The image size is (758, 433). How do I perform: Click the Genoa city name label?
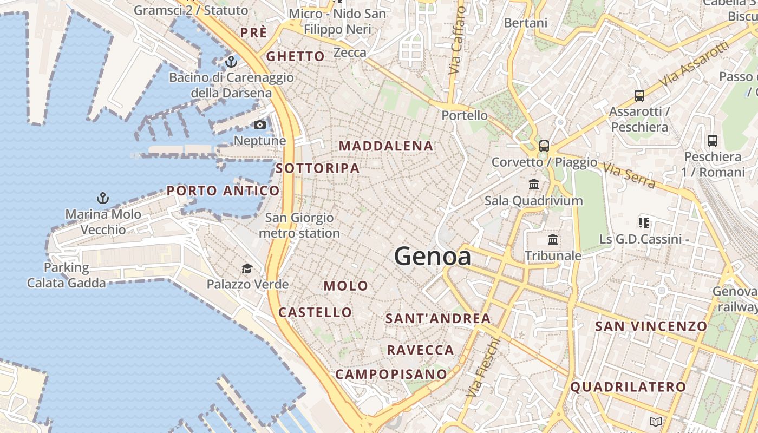click(x=433, y=256)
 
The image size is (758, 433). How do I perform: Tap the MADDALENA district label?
click(x=386, y=146)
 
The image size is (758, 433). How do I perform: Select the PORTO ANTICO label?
click(x=223, y=191)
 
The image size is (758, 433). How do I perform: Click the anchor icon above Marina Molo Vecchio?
click(x=102, y=198)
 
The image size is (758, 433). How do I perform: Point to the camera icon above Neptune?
click(x=260, y=125)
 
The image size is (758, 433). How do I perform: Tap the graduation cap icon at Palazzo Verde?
click(x=247, y=268)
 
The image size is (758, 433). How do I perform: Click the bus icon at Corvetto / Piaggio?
click(x=544, y=146)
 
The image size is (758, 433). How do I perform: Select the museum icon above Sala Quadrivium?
click(x=534, y=185)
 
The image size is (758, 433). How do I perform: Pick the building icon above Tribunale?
click(x=553, y=239)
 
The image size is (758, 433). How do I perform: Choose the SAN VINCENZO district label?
click(x=651, y=326)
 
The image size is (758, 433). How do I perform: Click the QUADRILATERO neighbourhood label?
click(x=628, y=387)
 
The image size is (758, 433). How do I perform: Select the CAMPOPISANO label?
click(x=391, y=374)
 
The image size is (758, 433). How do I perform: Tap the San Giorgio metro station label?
click(x=299, y=226)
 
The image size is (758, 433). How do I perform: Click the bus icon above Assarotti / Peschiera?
click(x=639, y=96)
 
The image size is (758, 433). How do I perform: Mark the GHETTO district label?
click(x=295, y=56)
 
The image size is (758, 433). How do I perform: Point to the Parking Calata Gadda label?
click(x=67, y=275)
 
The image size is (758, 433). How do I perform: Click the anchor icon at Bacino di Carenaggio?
click(x=232, y=61)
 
